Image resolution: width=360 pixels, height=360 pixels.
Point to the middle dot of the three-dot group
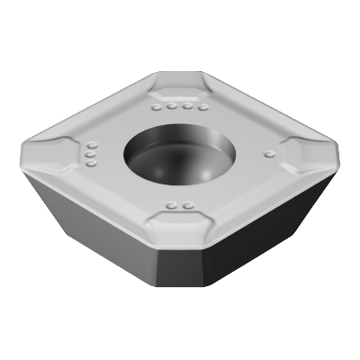coord(90,155)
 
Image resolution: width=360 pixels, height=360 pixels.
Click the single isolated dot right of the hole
coord(267,155)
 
